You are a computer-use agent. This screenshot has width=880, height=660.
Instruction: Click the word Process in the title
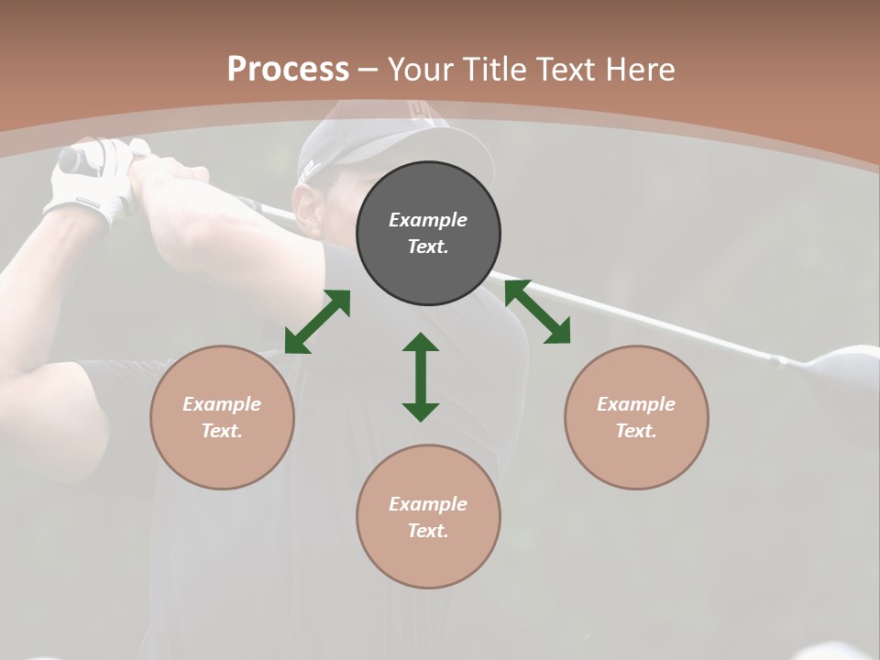click(x=288, y=70)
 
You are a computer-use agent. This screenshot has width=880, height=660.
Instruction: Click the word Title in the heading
click(x=497, y=70)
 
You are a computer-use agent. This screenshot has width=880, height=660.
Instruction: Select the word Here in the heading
click(x=638, y=70)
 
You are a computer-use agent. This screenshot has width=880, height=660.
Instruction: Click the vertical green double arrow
click(x=421, y=377)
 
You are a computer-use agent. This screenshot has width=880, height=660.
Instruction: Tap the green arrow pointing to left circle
click(x=317, y=322)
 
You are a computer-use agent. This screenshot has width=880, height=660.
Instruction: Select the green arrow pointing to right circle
click(x=537, y=312)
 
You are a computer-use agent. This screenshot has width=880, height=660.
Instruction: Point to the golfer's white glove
click(x=87, y=183)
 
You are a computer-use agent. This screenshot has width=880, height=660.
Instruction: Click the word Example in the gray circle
click(x=428, y=220)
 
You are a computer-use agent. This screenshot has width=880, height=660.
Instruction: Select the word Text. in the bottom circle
click(x=428, y=531)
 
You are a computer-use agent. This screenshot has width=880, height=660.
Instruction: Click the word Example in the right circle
click(x=636, y=404)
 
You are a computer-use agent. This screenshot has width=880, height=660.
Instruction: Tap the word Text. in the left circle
click(x=222, y=431)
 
